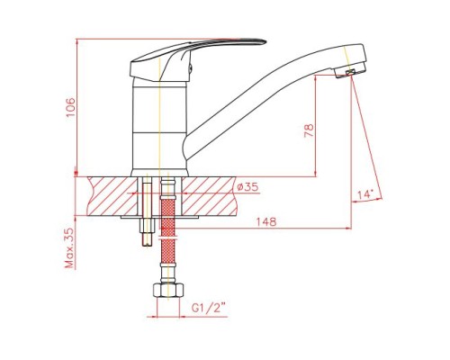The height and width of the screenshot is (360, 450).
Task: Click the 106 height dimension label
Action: tap(71, 107)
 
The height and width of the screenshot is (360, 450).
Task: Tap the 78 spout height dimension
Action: tap(309, 130)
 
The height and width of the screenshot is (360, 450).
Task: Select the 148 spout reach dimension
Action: tap(265, 221)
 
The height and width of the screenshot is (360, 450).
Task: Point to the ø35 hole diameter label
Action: tap(247, 187)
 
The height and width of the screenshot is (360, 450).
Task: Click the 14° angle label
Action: tap(365, 194)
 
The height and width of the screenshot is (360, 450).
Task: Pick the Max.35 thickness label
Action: tap(69, 247)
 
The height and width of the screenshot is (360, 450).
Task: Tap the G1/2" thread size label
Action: tap(209, 308)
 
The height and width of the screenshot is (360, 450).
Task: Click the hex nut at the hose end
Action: tap(168, 290)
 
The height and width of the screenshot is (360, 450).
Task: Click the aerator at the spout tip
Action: tap(350, 73)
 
